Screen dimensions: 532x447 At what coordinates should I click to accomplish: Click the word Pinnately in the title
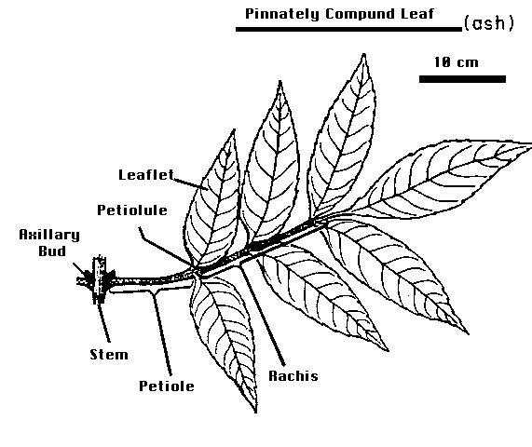coord(282,14)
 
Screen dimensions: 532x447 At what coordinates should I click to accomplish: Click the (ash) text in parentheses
coord(489,23)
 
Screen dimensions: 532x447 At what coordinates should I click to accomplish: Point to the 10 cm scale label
coord(457,62)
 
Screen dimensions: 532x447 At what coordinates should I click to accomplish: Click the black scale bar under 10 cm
coord(462,79)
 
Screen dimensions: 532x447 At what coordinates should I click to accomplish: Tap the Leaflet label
coord(146,175)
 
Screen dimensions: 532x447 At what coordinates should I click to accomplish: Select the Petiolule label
coord(132,210)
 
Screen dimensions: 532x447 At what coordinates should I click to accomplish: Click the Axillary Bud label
coord(49,243)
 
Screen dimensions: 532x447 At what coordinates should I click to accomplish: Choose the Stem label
coord(109,355)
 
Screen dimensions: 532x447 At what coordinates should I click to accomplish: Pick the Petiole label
coord(167,386)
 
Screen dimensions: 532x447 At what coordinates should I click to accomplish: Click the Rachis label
coord(293,376)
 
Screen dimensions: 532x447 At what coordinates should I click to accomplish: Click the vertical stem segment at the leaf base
coord(99,279)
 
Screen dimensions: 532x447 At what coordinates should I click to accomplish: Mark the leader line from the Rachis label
coord(262,316)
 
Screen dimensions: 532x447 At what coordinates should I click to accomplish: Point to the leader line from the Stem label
coord(103,322)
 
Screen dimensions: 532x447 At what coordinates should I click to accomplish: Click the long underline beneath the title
coord(348,30)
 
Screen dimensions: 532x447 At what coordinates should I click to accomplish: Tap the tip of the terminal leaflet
coord(530,145)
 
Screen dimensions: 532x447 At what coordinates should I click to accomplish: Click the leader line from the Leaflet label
coord(190,183)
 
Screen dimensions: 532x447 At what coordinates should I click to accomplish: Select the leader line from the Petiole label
coord(162,332)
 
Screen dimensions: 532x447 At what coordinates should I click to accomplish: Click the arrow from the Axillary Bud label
coord(82,271)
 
